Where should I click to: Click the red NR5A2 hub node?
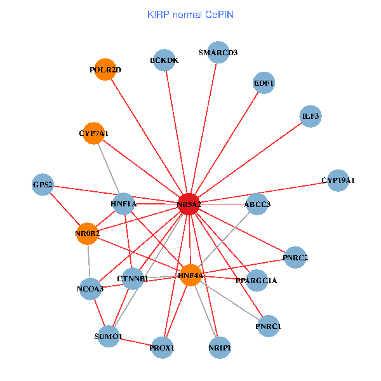coord(189,204)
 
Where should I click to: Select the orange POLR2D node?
coord(105,69)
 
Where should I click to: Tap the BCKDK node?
coord(164,60)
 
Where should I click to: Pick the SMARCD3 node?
coord(218,52)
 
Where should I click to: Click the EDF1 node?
coord(264,83)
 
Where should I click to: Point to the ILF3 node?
coord(311,116)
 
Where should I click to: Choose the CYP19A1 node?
coord(338,180)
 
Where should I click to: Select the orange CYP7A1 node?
coord(93,133)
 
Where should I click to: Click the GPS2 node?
coord(43,185)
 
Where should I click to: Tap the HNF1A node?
coord(124,204)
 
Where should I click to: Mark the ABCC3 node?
coord(257,204)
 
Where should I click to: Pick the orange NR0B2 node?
coord(88,234)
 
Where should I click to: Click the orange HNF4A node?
coord(190,275)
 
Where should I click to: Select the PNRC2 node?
coord(295,257)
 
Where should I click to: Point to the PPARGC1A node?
coord(256,280)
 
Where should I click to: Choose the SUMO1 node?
coord(109,336)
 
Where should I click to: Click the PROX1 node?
coord(163,347)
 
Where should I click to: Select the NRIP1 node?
coord(219,347)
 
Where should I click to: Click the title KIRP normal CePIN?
coord(190,14)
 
